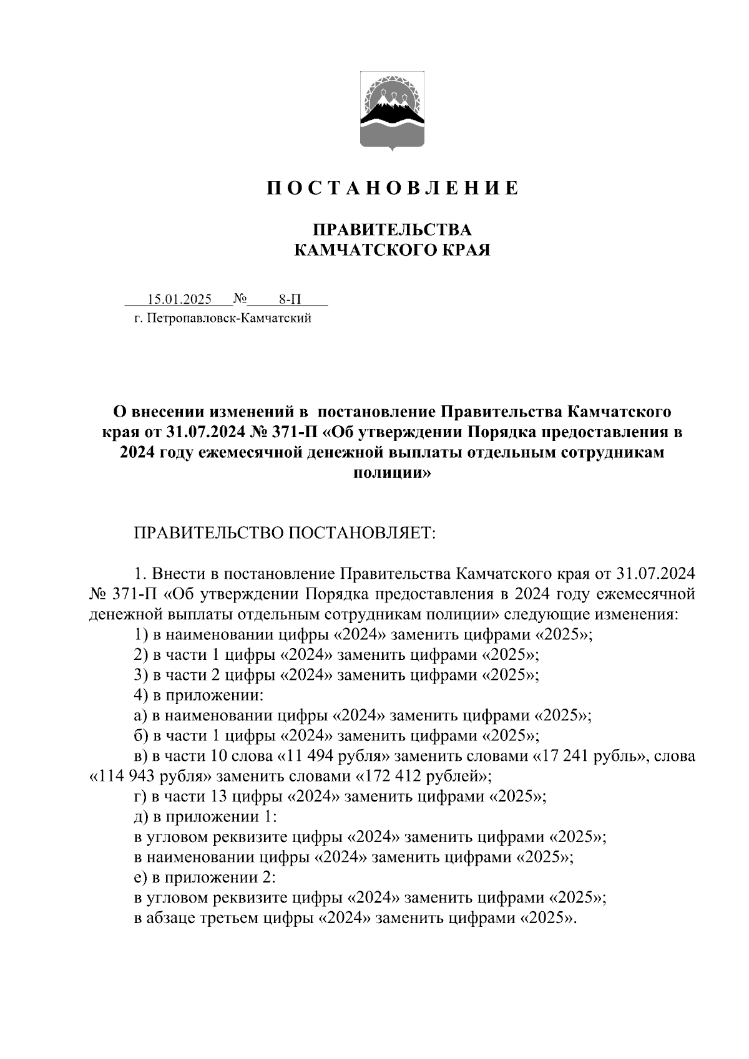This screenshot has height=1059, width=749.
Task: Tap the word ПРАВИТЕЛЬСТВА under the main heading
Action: pos(392,230)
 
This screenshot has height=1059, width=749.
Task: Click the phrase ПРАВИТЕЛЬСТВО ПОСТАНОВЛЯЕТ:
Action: pos(284,534)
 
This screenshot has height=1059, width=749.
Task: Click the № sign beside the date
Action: pos(240,299)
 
